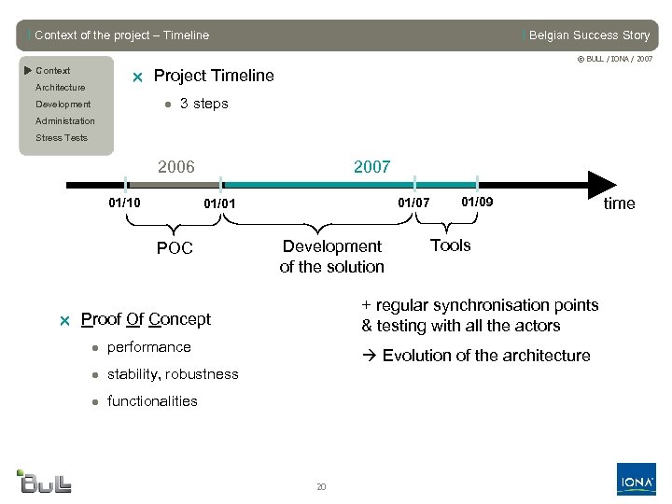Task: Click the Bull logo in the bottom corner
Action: coord(44,481)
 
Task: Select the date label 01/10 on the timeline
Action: coord(125,202)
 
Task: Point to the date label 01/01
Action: coord(220,203)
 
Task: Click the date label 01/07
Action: coord(414,203)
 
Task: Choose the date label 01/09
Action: coord(477,202)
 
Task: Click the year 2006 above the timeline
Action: coord(176,167)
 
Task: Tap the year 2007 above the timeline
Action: coord(371,167)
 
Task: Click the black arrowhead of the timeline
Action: coord(601,184)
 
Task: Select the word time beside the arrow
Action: coord(619,203)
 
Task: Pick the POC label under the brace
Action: coord(175,248)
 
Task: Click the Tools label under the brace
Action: coord(450,245)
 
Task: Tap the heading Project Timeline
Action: coord(214,76)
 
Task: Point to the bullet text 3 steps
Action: coord(203,104)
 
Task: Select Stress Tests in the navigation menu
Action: coord(62,138)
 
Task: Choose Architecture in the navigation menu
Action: coord(60,88)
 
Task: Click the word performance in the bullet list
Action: coord(148,347)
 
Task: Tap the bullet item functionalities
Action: coord(152,401)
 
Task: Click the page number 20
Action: coord(321,486)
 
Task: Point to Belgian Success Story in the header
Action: coord(588,35)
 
